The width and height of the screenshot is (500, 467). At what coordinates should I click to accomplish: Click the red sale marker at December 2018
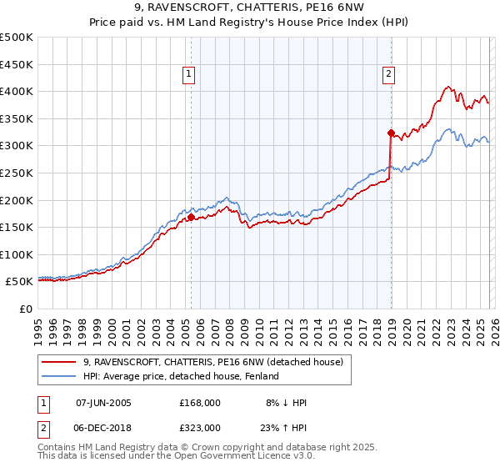pyautogui.click(x=390, y=132)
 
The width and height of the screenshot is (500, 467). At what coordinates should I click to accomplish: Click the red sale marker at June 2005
pyautogui.click(x=191, y=217)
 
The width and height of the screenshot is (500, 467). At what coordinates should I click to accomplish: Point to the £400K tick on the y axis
pyautogui.click(x=17, y=91)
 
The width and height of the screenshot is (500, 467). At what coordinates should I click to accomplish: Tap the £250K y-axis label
pyautogui.click(x=17, y=173)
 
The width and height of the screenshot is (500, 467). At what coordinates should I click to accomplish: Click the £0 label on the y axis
pyautogui.click(x=27, y=309)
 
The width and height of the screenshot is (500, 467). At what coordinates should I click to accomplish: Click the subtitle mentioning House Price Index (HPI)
pyautogui.click(x=250, y=23)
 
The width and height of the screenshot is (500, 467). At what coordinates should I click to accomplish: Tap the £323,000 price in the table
pyautogui.click(x=199, y=427)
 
